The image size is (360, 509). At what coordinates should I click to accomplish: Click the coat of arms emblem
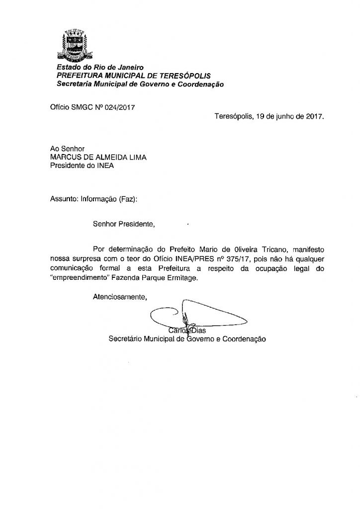tap(74, 45)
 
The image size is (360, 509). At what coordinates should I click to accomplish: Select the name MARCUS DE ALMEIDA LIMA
tap(98, 158)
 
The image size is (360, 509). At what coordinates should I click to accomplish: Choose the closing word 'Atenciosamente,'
tap(120, 297)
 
